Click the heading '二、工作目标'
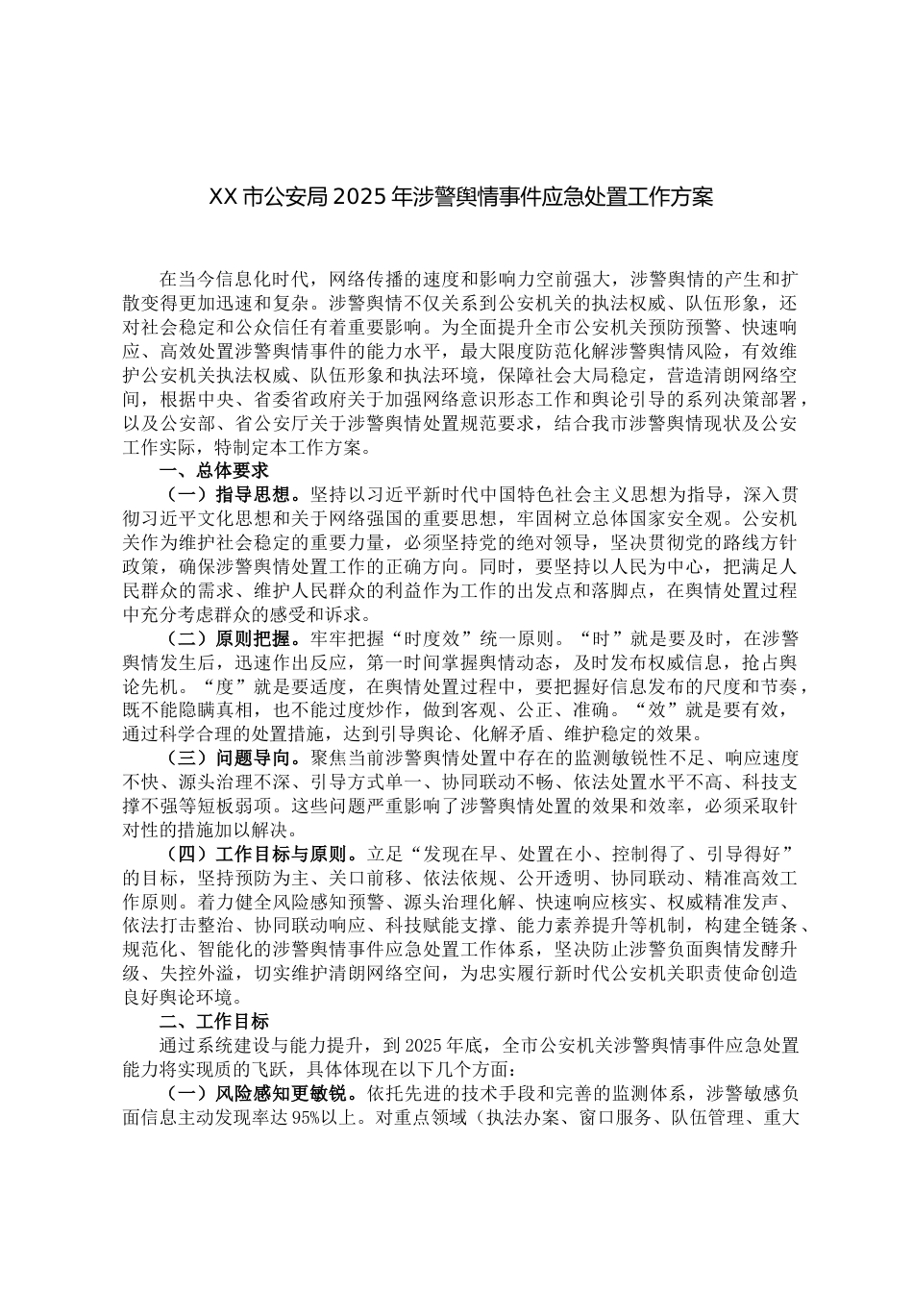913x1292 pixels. pos(213,1022)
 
